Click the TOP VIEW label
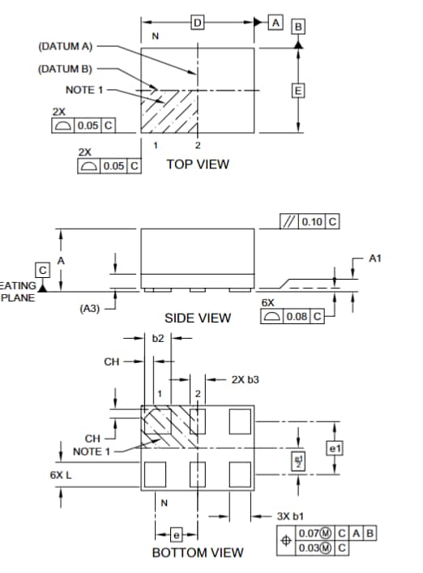pos(197,165)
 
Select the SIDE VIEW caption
pos(197,318)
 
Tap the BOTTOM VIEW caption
pos(197,553)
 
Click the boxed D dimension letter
pos(197,23)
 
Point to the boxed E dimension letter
pos(298,90)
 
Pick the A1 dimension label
pos(374,259)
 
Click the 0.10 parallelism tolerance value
pos(311,222)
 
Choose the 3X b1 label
pos(289,515)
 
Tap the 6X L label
pos(61,475)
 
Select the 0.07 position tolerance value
pos(310,533)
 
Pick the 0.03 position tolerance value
pos(310,547)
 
